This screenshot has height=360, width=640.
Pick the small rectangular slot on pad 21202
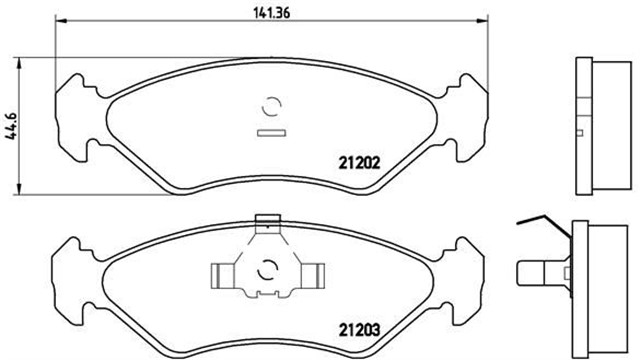271,132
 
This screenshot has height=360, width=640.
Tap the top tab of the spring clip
267,222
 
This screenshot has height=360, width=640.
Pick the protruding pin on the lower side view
534,271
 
